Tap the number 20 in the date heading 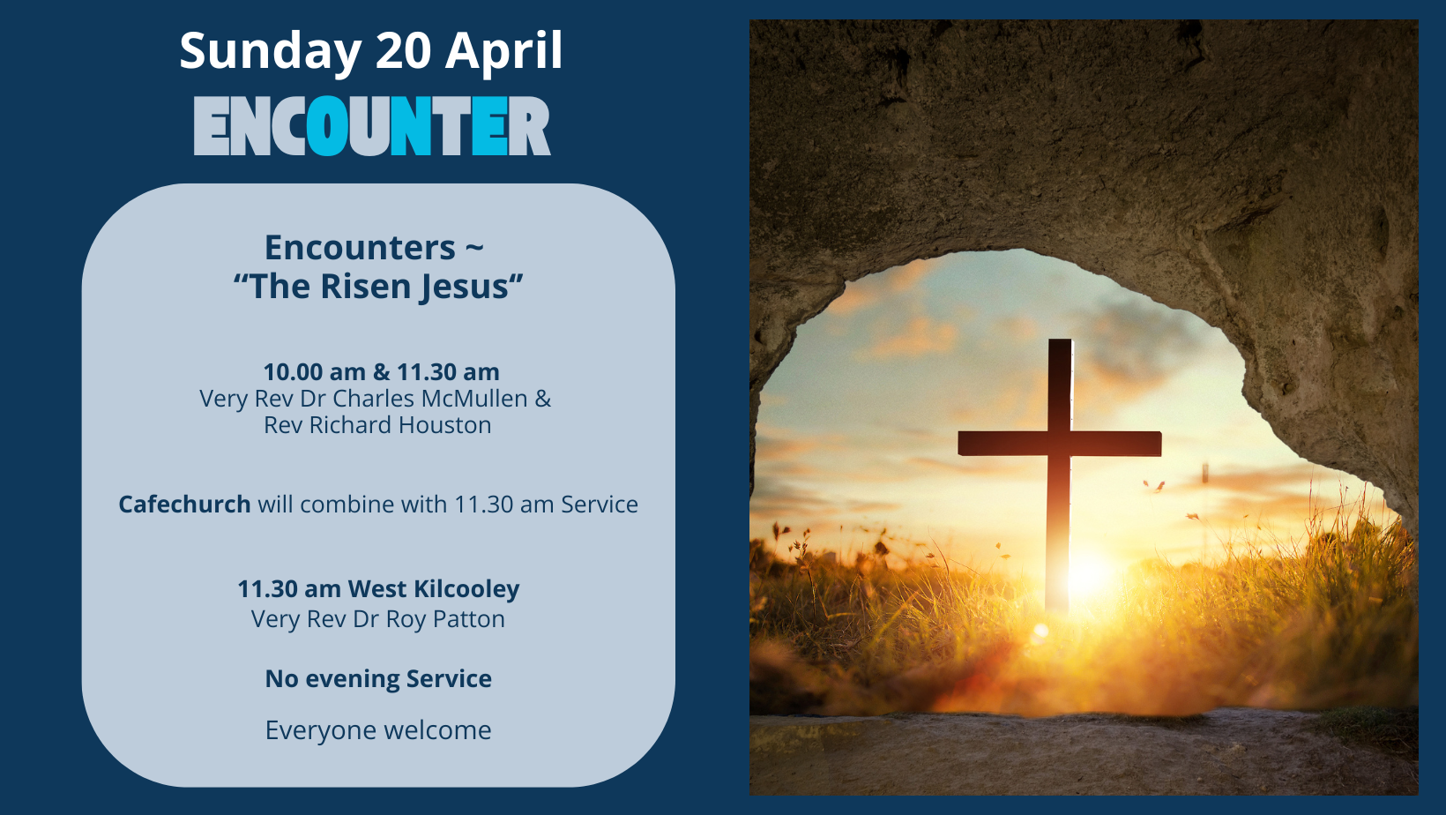[403, 50]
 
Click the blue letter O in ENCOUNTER [326, 126]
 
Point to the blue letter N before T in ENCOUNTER [411, 126]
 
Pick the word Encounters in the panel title [361, 247]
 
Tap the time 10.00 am [315, 372]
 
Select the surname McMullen [474, 399]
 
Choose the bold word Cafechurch [184, 505]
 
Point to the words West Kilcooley [434, 589]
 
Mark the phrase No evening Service [378, 679]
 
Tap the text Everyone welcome [378, 730]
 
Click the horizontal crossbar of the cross [1059, 445]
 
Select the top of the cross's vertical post [1060, 340]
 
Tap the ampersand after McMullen [543, 399]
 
